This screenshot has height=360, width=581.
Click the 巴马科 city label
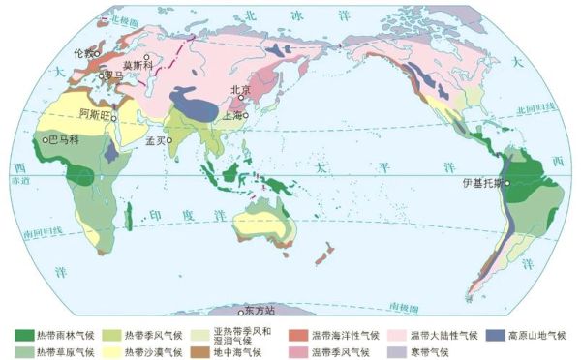64,139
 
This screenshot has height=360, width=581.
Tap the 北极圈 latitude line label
125,18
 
